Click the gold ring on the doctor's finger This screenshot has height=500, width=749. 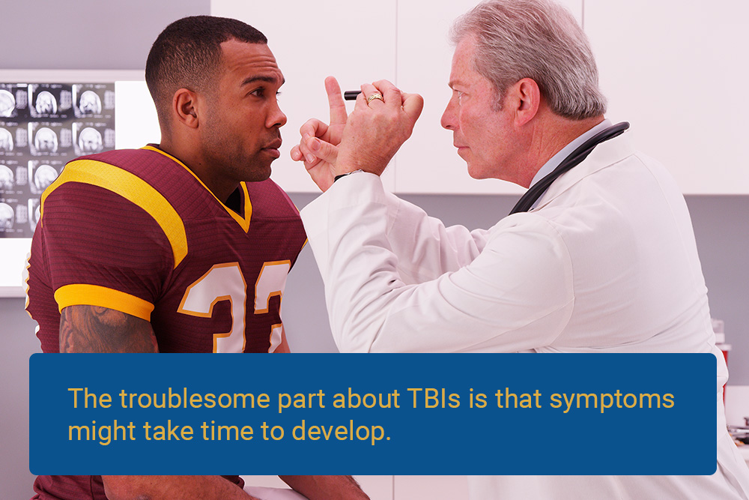tap(375, 98)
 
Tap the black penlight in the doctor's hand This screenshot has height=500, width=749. tap(353, 95)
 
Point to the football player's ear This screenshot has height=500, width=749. tap(185, 107)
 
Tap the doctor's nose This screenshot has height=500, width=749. tap(449, 116)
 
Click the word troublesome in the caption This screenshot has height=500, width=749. tap(195, 399)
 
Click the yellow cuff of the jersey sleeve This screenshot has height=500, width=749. tap(103, 300)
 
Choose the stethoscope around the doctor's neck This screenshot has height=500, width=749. tap(568, 167)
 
